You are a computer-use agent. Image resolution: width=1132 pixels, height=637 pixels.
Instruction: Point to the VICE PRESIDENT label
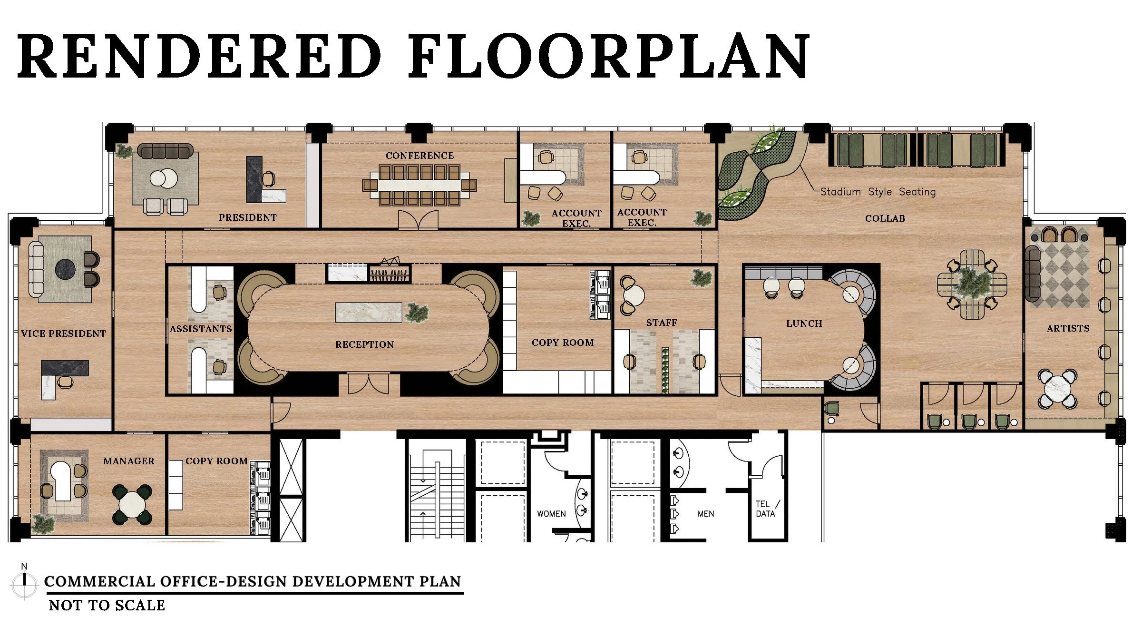coord(64,334)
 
